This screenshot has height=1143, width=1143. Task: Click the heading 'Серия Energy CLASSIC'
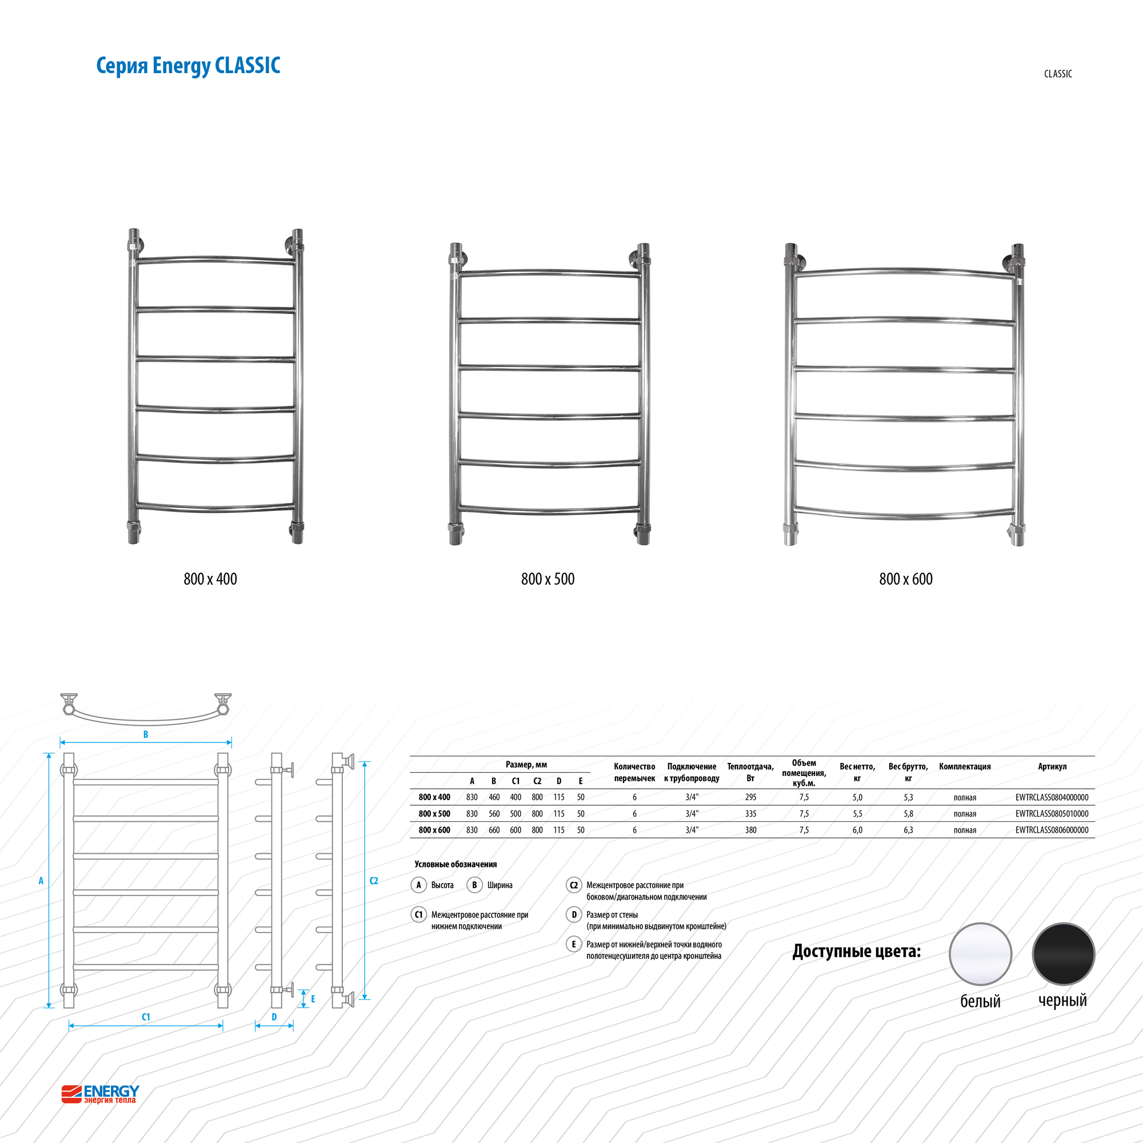188,66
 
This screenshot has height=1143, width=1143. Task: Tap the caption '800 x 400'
210,579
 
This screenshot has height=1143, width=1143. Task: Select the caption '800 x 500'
548,579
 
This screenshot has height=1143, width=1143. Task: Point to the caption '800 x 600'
906,579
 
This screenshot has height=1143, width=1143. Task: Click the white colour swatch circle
980,954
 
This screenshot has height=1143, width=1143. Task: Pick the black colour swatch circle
1064,954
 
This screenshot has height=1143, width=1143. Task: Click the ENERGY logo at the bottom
101,1094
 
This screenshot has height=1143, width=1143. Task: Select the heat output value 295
751,797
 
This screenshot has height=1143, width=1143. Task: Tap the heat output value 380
751,830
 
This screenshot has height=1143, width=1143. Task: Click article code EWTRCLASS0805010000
1052,814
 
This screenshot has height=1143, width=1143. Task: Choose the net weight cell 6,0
857,830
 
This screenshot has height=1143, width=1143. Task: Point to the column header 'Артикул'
1052,767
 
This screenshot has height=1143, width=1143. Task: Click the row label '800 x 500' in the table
434,814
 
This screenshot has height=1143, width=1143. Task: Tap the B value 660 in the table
494,830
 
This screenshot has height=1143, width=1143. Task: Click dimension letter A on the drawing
41,881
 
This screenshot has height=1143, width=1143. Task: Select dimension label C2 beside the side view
374,881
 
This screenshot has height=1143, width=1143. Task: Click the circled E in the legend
573,944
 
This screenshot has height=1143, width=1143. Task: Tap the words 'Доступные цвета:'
857,952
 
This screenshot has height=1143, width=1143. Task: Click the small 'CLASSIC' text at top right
1058,74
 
